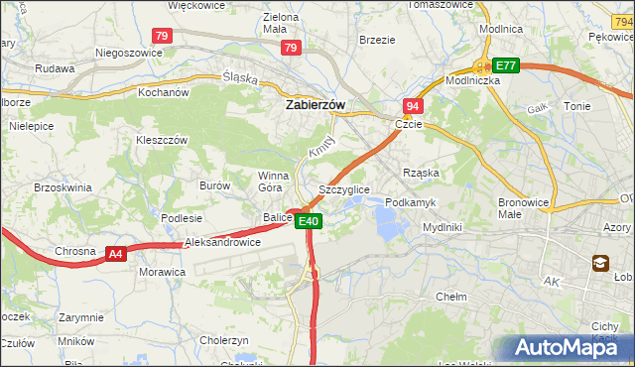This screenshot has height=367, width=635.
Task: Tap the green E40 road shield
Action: [x=309, y=221]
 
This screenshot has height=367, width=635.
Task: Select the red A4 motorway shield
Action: [x=116, y=254]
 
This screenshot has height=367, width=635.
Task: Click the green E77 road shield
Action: [x=506, y=65]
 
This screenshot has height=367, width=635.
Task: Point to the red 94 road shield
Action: [x=412, y=106]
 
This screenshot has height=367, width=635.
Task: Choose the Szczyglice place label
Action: [x=344, y=188]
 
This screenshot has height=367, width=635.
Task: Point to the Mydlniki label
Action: [x=443, y=227]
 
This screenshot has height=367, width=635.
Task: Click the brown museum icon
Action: [x=601, y=263]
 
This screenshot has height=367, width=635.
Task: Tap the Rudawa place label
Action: [x=55, y=68]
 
